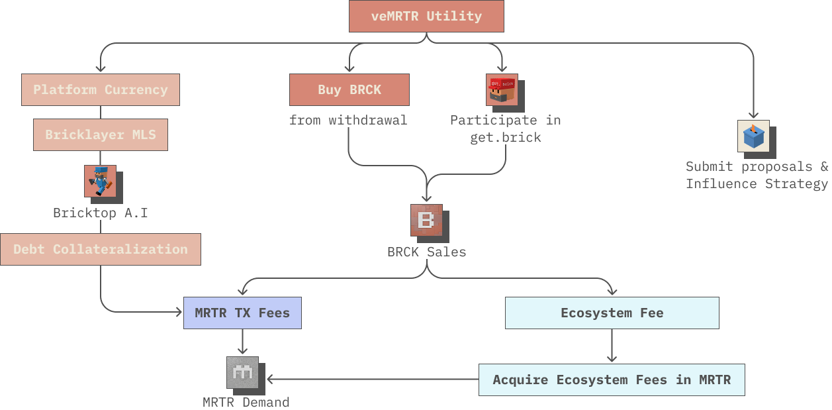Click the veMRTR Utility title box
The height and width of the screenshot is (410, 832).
(426, 16)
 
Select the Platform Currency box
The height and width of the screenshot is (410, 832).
(101, 89)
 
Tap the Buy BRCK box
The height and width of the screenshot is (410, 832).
(349, 89)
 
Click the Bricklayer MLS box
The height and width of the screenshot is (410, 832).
(101, 134)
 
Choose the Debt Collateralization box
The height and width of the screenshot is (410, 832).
(101, 249)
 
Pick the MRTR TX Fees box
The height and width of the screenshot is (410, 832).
(242, 313)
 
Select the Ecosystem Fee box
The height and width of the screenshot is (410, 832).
(612, 313)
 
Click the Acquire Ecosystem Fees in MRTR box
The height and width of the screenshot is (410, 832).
(612, 380)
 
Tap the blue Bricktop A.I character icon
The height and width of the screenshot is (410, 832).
(100, 181)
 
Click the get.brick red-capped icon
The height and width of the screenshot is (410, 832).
(502, 90)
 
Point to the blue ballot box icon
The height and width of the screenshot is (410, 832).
(753, 136)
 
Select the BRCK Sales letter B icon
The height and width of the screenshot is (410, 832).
(426, 221)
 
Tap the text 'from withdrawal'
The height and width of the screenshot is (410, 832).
(348, 120)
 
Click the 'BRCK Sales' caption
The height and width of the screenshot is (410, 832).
(426, 252)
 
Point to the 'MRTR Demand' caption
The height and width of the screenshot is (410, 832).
(246, 401)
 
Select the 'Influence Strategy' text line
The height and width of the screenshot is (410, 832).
(757, 183)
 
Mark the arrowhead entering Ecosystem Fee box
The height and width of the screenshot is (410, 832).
(612, 292)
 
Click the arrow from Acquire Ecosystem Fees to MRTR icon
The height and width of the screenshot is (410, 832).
(371, 380)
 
